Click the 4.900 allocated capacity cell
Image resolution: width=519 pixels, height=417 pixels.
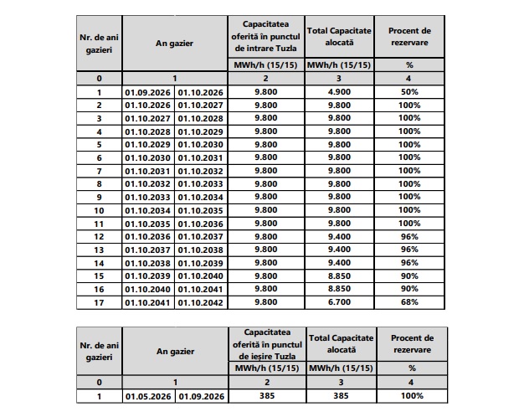[340, 92]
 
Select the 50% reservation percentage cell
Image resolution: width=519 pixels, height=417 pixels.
[409, 92]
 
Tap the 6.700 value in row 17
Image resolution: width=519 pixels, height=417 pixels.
[340, 301]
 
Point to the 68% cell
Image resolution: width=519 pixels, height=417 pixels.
[409, 301]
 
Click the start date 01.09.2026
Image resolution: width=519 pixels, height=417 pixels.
[148, 92]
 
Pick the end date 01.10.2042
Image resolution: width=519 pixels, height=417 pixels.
[201, 301]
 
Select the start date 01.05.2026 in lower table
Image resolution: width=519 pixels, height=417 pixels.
[148, 395]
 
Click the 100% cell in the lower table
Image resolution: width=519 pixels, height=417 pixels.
[409, 395]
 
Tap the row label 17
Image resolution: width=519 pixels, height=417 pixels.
[99, 301]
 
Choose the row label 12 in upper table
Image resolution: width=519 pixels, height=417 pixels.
[99, 236]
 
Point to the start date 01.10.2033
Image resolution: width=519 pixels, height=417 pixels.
[148, 197]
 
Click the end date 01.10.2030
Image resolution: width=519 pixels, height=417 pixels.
[201, 144]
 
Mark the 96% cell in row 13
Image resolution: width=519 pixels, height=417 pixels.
[409, 250]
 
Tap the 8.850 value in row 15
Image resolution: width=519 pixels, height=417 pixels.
[340, 275]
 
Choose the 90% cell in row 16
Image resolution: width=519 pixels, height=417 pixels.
[409, 288]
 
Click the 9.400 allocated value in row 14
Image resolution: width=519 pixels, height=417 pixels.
[340, 262]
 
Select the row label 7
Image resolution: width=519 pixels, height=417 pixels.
[99, 171]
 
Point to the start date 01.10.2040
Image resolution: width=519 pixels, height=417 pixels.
[148, 288]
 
